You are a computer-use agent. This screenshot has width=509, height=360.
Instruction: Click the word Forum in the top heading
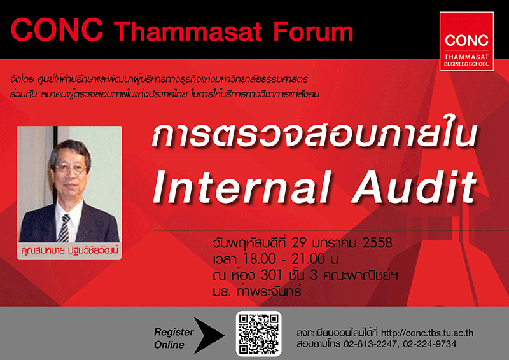point(312,32)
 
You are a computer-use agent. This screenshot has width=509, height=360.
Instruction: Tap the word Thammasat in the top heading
point(188,32)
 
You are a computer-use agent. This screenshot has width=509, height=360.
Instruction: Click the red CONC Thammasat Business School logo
point(466,41)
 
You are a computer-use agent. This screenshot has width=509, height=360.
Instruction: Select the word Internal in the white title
point(242,188)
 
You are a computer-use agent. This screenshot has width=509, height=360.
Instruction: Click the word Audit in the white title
point(415,188)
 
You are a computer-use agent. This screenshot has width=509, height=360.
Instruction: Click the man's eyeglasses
point(70,168)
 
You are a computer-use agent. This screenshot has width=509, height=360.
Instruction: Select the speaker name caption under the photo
point(69,250)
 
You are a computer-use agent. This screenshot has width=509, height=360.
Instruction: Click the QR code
point(259,334)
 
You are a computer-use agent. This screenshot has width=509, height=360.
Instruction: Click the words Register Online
point(173,338)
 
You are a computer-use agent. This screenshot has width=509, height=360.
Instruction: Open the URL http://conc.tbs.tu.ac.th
point(427,333)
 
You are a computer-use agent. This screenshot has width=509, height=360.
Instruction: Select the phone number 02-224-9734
point(429,344)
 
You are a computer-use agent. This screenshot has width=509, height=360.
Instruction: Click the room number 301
point(272,275)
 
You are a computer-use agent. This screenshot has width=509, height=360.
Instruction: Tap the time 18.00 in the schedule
point(260,259)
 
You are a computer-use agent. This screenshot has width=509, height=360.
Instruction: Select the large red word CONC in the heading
point(57,30)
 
